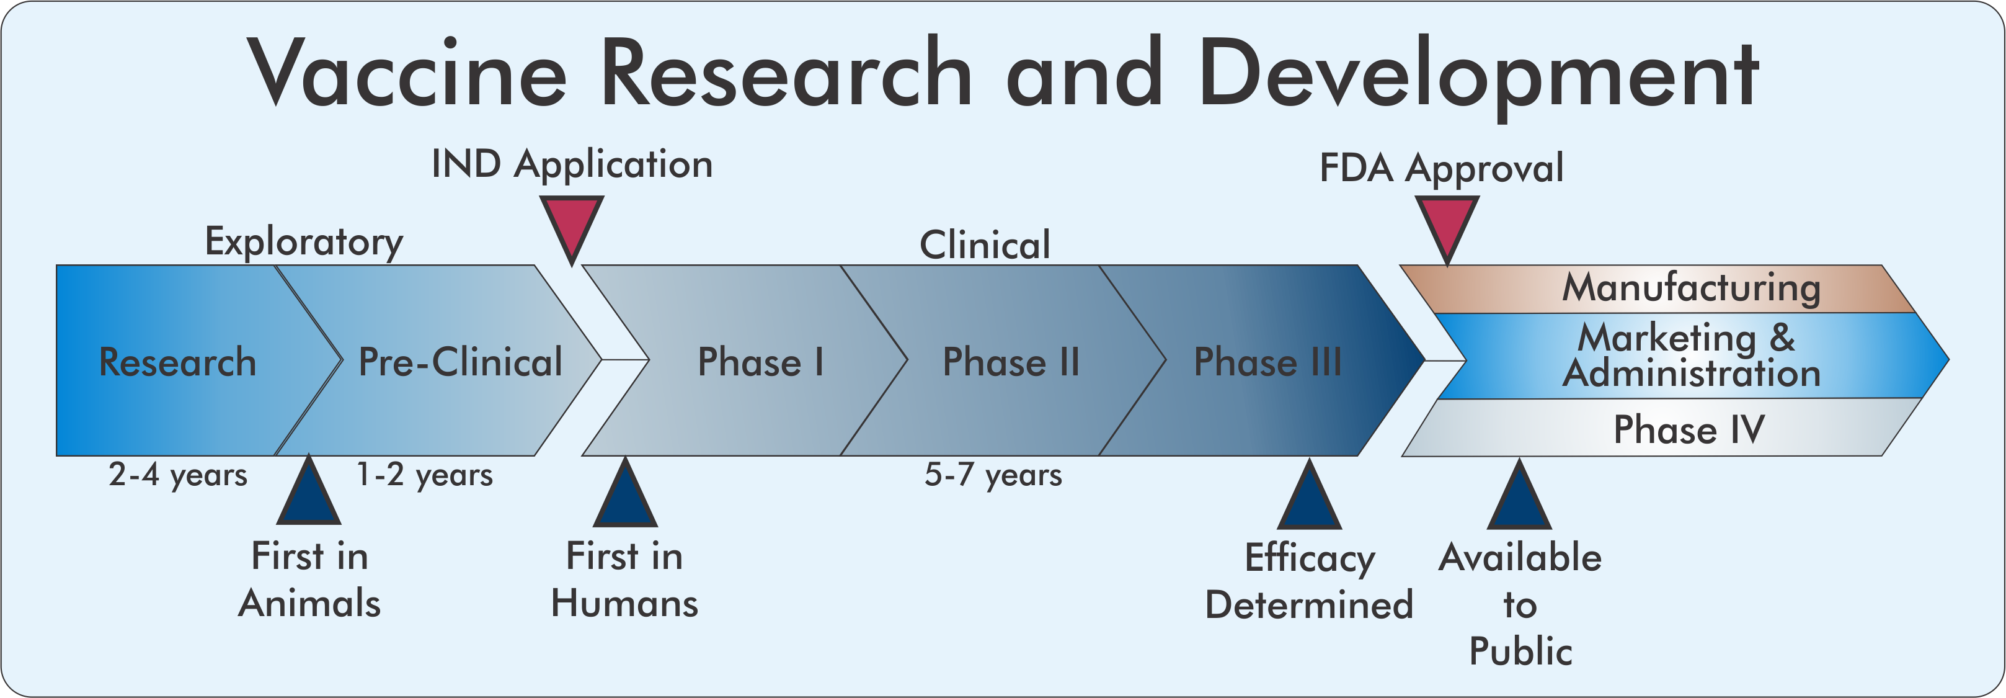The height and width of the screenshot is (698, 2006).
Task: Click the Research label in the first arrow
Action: point(177,362)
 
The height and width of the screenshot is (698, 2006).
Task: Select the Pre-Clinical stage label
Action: point(459,362)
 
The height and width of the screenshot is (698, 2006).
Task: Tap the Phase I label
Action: point(760,362)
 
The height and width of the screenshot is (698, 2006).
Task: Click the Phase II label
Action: point(1011,362)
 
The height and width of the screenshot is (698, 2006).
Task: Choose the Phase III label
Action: point(1267,362)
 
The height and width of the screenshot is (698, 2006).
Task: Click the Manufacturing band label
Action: point(1692,287)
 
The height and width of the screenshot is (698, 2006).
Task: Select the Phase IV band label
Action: point(1689,429)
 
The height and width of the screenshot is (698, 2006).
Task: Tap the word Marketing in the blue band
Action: point(1666,338)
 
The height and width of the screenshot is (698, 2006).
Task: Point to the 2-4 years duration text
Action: point(177,475)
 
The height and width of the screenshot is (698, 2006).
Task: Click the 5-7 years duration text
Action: point(993,475)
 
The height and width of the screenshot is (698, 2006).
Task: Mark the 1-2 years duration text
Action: point(424,475)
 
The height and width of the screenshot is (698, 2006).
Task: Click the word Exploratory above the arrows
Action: point(304,241)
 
